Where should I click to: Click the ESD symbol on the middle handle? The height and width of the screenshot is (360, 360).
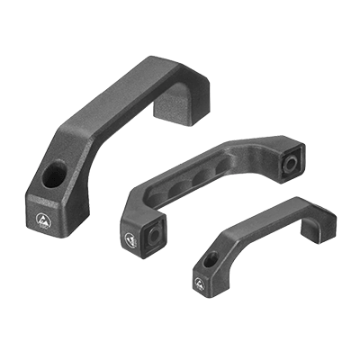(x=131, y=238)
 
